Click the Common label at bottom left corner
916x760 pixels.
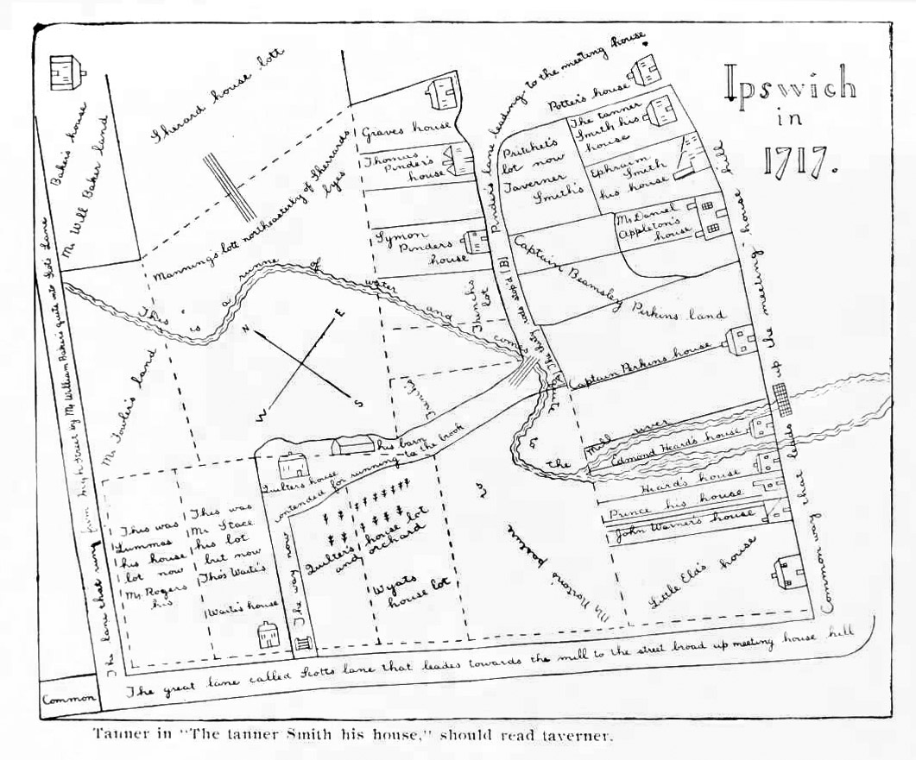65,700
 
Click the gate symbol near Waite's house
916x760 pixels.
302,642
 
